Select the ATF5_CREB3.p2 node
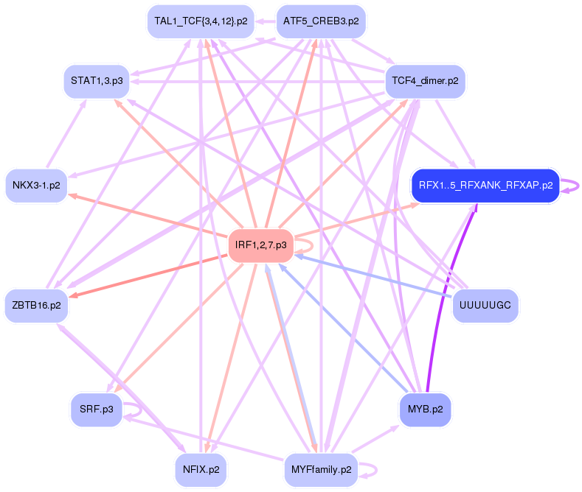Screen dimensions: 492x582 321,21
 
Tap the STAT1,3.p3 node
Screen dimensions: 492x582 97,80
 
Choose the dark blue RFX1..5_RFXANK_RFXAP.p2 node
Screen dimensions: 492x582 485,185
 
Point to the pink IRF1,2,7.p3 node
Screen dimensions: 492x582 260,245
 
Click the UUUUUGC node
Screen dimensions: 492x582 485,303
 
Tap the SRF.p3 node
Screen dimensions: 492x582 97,410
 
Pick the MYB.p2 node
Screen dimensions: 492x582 425,410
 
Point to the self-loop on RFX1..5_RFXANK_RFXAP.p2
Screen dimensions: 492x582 572,185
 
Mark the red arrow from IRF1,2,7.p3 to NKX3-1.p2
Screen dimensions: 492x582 148,214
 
